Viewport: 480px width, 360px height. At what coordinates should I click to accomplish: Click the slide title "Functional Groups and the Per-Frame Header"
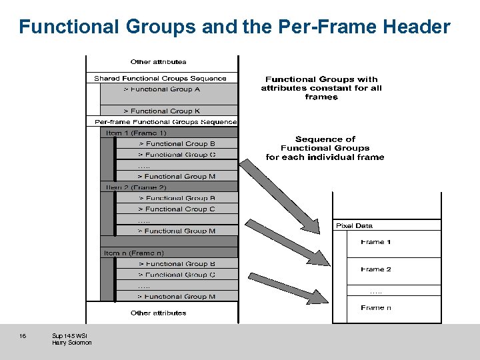[x=235, y=27]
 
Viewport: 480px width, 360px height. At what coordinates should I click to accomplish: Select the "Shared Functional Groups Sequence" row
[x=161, y=78]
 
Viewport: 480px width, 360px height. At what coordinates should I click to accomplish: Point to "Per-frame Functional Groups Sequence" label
[x=165, y=122]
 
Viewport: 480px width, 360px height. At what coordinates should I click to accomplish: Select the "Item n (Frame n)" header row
[x=134, y=253]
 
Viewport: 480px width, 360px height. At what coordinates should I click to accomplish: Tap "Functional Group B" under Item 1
[x=177, y=143]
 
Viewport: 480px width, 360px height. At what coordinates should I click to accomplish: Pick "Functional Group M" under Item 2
[x=177, y=231]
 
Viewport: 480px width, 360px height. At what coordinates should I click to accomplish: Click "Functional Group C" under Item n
[x=177, y=274]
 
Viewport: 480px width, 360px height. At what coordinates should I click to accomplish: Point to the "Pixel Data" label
[x=354, y=225]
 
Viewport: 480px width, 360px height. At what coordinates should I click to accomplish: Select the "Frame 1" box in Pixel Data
[x=376, y=242]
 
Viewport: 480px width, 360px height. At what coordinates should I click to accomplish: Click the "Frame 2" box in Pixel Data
[x=376, y=269]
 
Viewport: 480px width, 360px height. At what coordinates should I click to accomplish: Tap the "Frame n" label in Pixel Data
[x=376, y=307]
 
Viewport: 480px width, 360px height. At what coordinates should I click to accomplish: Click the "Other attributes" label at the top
[x=159, y=61]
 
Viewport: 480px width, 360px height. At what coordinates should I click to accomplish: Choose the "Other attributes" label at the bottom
[x=159, y=313]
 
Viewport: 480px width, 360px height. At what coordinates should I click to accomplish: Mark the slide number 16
[x=23, y=335]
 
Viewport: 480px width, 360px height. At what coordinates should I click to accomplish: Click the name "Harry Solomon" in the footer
[x=72, y=343]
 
